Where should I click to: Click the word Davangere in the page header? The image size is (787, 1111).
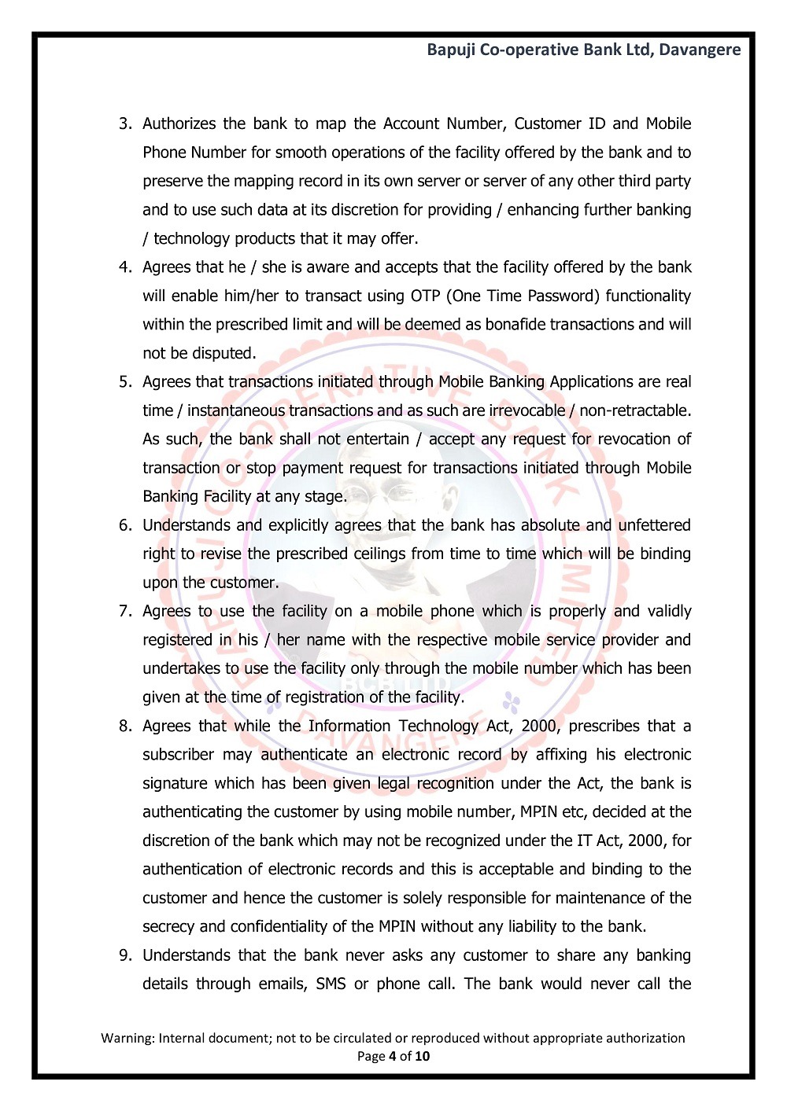coord(700,50)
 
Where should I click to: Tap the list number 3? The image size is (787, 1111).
coord(124,123)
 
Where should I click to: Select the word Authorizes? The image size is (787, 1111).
coord(179,123)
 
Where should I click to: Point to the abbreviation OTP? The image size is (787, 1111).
coord(425,296)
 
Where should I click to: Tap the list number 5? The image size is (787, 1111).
coord(124,382)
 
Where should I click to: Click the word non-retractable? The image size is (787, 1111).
coord(634,410)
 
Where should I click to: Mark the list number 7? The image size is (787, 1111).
coord(124,612)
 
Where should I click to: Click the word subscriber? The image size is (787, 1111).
coord(179,755)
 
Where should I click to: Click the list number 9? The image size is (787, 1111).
coord(124,955)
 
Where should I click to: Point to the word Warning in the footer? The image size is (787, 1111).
coord(127,1038)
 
